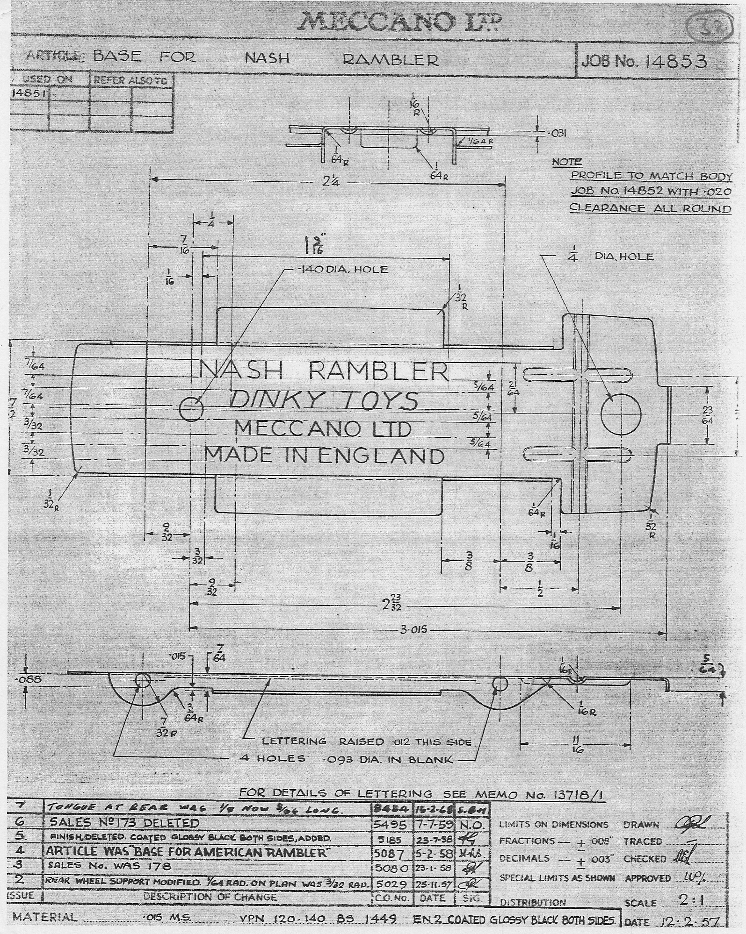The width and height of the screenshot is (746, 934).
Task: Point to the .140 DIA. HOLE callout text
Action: tap(343, 269)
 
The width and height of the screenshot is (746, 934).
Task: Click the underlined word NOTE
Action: tap(566, 162)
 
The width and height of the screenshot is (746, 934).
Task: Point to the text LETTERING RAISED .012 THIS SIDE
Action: tap(366, 741)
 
